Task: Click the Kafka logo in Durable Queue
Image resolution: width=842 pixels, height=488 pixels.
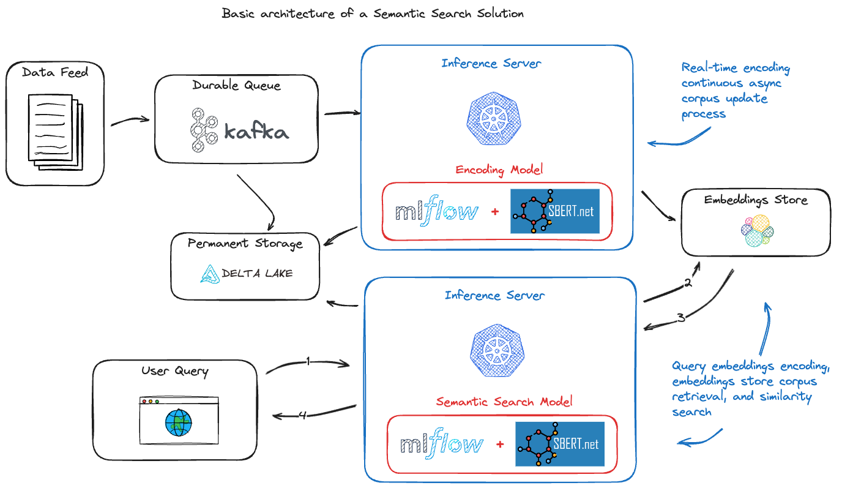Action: pos(239,130)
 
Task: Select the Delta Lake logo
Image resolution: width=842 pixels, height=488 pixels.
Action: pos(247,274)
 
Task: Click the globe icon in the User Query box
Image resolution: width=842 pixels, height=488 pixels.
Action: pos(178,422)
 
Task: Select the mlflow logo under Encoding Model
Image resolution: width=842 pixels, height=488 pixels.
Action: pos(436,212)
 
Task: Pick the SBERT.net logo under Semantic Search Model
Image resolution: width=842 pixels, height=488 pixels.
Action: pos(560,444)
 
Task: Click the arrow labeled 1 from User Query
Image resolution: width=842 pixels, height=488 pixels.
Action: pos(308,363)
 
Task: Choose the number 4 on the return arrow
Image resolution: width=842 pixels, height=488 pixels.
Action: pos(303,415)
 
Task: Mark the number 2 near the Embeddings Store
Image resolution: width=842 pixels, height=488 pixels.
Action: pos(688,283)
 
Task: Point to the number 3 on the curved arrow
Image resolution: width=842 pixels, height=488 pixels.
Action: pos(680,318)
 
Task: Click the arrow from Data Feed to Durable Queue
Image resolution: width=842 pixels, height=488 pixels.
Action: pos(130,121)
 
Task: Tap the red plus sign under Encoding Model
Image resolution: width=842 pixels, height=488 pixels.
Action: pos(494,212)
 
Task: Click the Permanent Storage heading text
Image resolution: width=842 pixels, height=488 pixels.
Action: pos(245,244)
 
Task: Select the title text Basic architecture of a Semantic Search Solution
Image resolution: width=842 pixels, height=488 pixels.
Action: pos(373,13)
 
